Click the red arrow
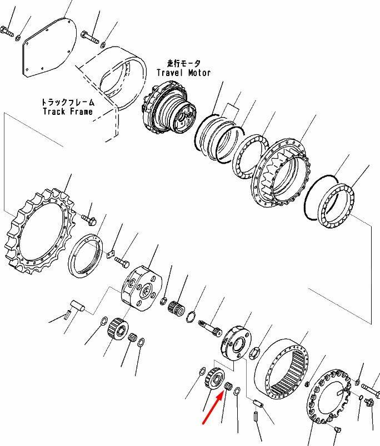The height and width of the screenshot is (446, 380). [x=213, y=407]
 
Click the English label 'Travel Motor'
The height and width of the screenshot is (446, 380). [x=184, y=73]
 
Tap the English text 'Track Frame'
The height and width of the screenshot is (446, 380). [x=68, y=111]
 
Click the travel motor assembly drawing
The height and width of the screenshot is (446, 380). [x=169, y=109]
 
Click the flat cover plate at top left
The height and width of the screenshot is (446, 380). [x=49, y=47]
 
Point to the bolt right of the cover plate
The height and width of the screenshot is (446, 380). [x=90, y=37]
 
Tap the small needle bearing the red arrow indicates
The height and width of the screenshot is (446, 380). [x=227, y=386]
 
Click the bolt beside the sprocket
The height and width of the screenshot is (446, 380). [x=89, y=219]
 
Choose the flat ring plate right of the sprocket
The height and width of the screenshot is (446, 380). [x=86, y=255]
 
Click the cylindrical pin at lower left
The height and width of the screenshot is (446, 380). [x=77, y=306]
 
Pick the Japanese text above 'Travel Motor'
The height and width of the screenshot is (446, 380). [x=184, y=63]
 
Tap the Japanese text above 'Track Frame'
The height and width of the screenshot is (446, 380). [x=68, y=102]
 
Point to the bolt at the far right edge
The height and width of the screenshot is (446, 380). [x=371, y=391]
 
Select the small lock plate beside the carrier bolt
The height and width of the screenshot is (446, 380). [x=111, y=254]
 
